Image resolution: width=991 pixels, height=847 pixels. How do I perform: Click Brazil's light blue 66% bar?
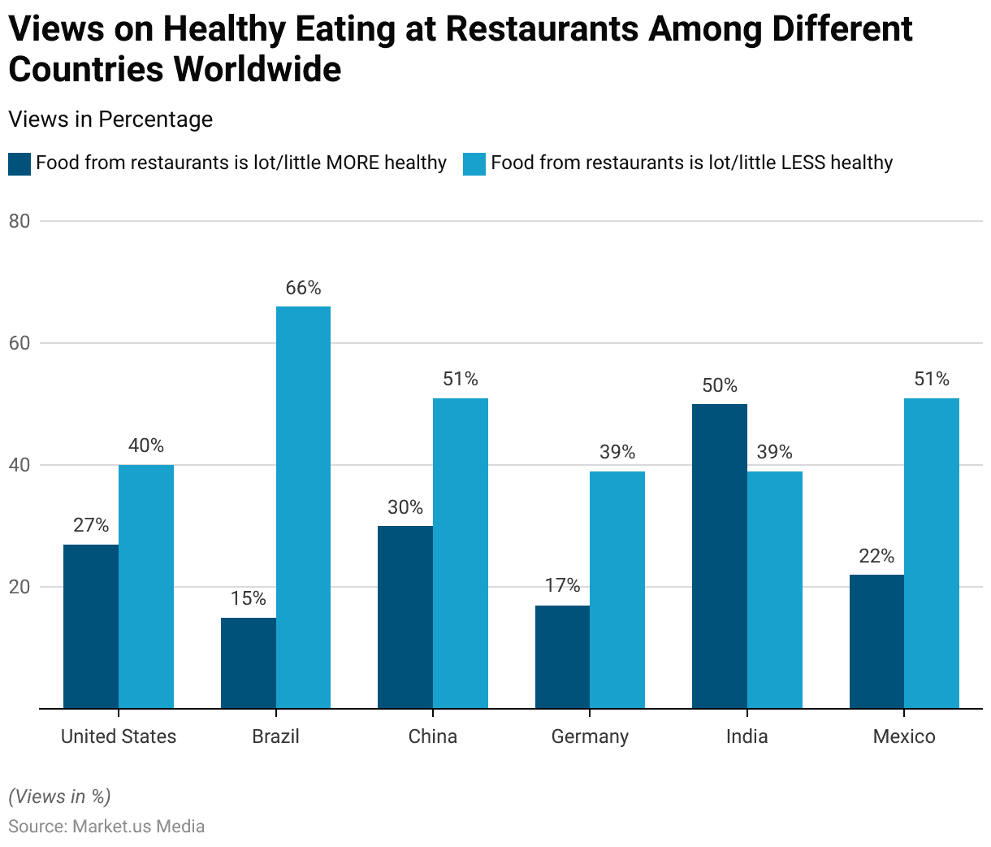click(x=303, y=507)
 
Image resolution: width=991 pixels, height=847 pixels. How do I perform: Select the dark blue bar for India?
click(x=720, y=556)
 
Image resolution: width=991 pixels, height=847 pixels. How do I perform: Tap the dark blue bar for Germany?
click(x=562, y=657)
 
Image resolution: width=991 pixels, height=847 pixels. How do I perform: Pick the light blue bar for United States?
click(x=146, y=586)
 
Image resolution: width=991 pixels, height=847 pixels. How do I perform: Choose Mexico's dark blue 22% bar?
click(x=876, y=641)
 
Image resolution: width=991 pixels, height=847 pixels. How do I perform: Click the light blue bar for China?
click(x=461, y=553)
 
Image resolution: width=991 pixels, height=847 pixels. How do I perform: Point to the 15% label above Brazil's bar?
click(x=248, y=598)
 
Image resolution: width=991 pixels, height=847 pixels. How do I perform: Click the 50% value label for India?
click(x=720, y=385)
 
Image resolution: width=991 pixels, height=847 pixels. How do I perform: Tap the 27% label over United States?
click(x=91, y=525)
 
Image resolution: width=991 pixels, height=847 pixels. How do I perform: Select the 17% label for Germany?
click(x=562, y=585)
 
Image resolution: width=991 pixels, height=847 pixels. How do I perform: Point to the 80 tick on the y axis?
click(x=19, y=221)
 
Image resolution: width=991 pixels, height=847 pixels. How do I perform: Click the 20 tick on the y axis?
click(x=19, y=587)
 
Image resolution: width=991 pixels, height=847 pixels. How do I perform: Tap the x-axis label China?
click(x=433, y=736)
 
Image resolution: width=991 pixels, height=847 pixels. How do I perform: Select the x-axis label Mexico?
click(x=904, y=736)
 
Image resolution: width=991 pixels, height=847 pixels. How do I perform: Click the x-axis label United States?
click(x=119, y=736)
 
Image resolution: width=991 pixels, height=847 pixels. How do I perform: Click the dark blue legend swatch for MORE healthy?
click(x=19, y=163)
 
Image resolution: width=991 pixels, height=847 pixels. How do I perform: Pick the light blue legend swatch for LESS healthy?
click(x=474, y=163)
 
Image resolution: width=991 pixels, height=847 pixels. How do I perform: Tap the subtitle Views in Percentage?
click(x=110, y=119)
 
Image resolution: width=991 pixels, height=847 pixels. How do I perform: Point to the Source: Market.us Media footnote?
click(x=106, y=826)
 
